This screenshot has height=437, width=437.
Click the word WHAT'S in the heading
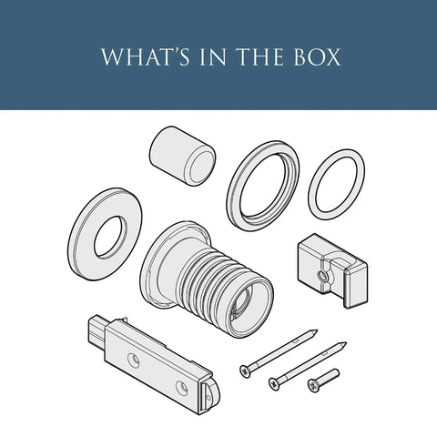[x=146, y=56]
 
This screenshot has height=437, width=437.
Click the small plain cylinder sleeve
[x=183, y=156]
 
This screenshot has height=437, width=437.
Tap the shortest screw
[x=323, y=381]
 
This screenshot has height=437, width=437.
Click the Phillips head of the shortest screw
[x=313, y=386]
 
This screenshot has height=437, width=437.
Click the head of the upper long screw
[x=245, y=371]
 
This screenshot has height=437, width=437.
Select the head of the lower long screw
[x=274, y=384]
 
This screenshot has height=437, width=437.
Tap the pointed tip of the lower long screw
[x=344, y=344]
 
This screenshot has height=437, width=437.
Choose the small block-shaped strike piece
[x=333, y=270]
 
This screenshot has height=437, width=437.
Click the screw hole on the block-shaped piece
[x=321, y=276]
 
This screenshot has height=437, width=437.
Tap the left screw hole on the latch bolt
[x=134, y=361]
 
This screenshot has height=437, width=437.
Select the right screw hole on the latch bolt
[x=182, y=388]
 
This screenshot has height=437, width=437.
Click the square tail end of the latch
[x=97, y=329]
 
